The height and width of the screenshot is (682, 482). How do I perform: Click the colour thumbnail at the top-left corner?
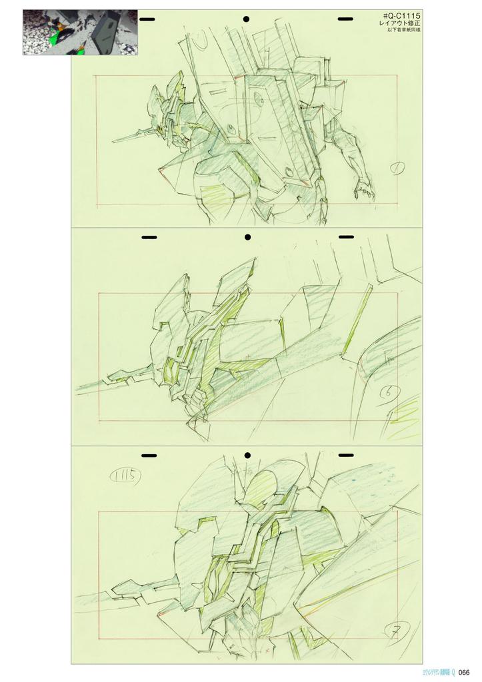(x=80, y=32)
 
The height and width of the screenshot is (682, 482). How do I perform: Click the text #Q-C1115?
(x=402, y=15)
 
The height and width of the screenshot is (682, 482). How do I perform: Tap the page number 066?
(x=465, y=671)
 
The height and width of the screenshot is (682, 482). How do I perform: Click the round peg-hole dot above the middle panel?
(x=247, y=236)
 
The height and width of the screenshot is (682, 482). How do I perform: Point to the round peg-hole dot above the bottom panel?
(x=247, y=455)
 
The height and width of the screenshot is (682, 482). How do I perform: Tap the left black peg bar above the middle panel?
(x=149, y=236)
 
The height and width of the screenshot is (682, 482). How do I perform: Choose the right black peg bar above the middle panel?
(x=345, y=236)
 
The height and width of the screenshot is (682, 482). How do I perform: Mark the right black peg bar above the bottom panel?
(x=345, y=455)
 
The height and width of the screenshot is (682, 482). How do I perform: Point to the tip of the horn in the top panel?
(x=113, y=141)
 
